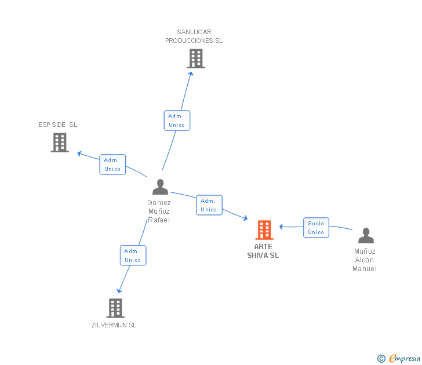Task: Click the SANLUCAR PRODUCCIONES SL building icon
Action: click(x=196, y=59)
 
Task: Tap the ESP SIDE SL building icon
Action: click(x=60, y=143)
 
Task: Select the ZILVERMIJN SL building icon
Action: click(x=115, y=308)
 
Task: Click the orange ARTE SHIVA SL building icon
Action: click(x=264, y=230)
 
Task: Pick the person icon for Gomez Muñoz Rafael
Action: click(x=160, y=187)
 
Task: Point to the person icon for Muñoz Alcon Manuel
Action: click(x=366, y=235)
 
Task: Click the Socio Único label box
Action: click(x=316, y=228)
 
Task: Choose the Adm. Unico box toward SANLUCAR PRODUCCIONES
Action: click(x=177, y=121)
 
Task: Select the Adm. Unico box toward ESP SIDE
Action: click(x=112, y=165)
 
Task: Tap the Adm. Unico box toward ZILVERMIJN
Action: click(x=133, y=256)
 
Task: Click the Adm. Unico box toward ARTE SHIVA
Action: click(x=209, y=205)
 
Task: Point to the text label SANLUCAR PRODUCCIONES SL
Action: click(x=194, y=36)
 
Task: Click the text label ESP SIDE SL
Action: click(x=57, y=125)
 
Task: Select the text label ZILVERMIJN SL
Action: click(x=114, y=325)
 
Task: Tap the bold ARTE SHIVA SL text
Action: click(x=263, y=251)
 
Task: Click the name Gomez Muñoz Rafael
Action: click(x=159, y=211)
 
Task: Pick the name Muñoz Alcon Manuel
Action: click(x=365, y=260)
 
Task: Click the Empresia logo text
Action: click(x=405, y=358)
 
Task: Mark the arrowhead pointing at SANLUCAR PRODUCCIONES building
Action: click(x=191, y=74)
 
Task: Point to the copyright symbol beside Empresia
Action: click(x=381, y=359)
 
